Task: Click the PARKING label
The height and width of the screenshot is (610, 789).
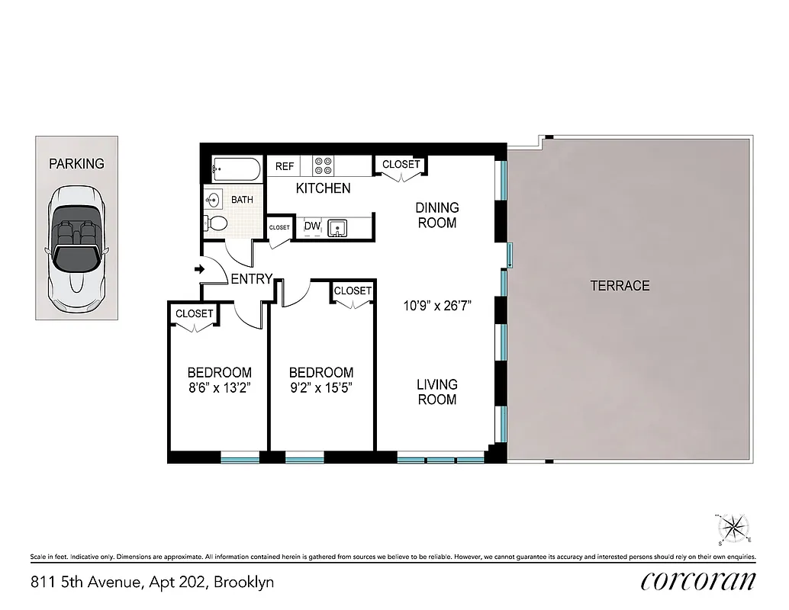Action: (x=76, y=163)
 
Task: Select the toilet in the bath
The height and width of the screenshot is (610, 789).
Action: (x=216, y=223)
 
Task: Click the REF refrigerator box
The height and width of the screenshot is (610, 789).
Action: (x=285, y=166)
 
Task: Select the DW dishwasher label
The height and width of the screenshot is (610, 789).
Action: (x=312, y=226)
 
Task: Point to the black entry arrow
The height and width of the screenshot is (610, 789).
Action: (x=199, y=269)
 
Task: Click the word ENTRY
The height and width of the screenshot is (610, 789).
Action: (x=251, y=279)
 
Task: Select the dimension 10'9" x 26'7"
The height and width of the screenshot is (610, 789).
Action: (x=438, y=307)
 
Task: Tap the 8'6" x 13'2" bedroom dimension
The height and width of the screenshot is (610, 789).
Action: (x=220, y=387)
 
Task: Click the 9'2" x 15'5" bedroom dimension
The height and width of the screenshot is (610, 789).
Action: (x=320, y=387)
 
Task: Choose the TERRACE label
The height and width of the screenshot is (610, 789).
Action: (x=620, y=286)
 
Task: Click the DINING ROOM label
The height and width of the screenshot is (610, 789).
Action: (x=437, y=215)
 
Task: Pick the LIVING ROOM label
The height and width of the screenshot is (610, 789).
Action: (x=437, y=392)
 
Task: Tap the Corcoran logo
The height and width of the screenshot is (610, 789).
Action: (x=698, y=580)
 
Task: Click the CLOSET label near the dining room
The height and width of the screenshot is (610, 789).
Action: (x=401, y=165)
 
